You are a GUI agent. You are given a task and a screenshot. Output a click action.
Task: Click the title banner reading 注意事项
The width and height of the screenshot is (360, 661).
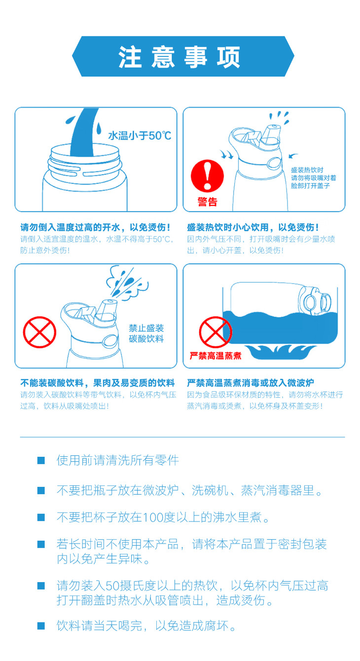coord(183,56)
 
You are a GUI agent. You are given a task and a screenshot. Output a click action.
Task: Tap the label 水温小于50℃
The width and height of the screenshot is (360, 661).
coord(140,136)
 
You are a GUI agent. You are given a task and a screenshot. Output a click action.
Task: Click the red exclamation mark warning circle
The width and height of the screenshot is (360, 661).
coord(207,176)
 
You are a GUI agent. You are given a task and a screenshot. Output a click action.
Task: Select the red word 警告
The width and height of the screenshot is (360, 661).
coord(208,202)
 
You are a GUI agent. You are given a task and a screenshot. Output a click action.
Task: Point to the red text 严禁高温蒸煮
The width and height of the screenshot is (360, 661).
coord(216,356)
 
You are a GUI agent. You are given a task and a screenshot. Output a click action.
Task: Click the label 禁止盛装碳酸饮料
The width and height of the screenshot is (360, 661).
coord(146,333)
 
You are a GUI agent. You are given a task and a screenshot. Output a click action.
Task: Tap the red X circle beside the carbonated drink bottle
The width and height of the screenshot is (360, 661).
coord(39,332)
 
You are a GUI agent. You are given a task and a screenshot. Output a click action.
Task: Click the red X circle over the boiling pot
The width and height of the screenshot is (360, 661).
coord(216,332)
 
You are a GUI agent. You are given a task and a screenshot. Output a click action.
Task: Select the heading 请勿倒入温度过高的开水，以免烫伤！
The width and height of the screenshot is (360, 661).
coord(95,227)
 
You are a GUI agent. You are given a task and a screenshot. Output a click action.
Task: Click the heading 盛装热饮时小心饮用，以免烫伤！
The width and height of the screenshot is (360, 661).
coord(253,227)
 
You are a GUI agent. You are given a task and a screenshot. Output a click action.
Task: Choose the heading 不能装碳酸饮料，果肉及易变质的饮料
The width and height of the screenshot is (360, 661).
coord(98,383)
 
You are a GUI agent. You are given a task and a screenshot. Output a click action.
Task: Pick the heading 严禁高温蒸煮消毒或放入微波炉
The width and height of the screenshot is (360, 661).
coord(250,383)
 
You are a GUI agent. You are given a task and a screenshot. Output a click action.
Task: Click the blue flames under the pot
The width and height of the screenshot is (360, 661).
coord(280,352)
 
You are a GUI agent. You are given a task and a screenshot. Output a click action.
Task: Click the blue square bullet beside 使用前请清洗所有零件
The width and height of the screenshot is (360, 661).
coord(41,460)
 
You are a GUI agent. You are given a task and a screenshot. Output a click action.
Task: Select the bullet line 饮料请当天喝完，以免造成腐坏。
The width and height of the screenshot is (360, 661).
coord(146,626)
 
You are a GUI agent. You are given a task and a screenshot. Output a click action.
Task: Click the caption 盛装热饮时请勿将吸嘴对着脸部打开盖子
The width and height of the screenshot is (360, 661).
coord(313,178)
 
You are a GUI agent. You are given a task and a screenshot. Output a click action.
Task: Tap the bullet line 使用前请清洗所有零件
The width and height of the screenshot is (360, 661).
coord(118,460)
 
